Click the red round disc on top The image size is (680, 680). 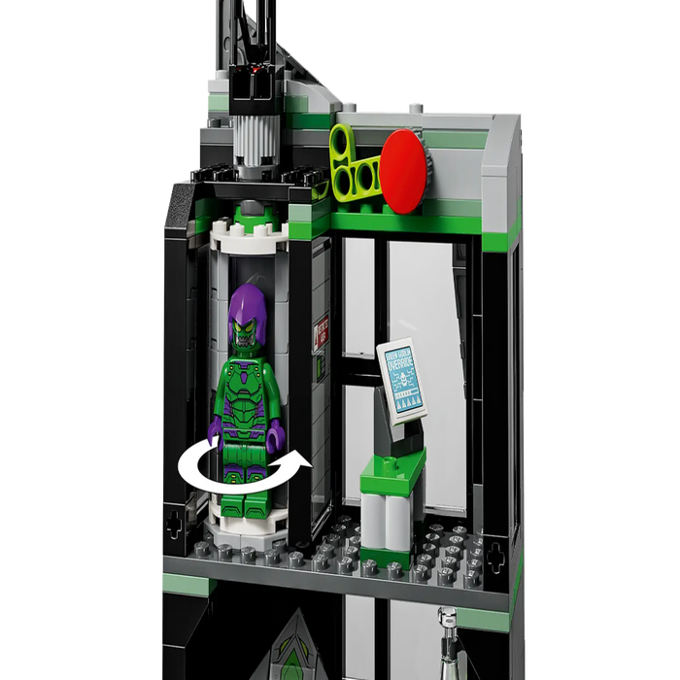coord(403,166)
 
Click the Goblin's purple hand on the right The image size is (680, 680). coord(276,433)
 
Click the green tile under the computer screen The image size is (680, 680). coord(393,472)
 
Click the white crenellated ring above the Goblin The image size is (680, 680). coord(248,235)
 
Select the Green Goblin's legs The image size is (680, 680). coord(243,476)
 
